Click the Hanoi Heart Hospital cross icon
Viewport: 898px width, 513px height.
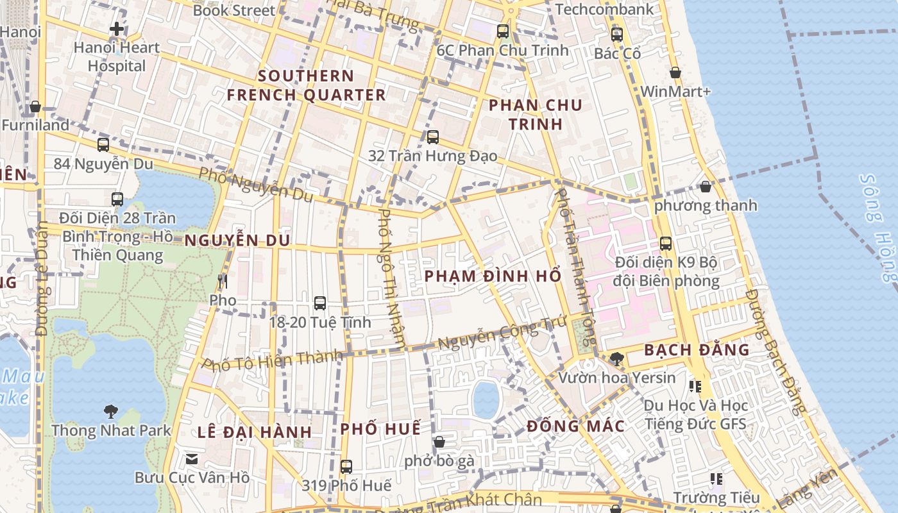116,29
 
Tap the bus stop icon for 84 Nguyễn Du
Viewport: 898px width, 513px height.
103,145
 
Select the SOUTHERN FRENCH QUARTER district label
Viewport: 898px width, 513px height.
306,85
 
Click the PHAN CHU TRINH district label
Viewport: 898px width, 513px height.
535,115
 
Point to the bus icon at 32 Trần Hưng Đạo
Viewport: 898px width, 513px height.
433,137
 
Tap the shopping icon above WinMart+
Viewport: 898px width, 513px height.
675,73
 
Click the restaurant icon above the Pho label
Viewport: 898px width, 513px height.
223,282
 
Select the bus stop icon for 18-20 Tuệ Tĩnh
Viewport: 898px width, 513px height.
320,303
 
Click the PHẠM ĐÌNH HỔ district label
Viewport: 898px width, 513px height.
493,276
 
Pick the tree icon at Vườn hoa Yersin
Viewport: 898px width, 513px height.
616,358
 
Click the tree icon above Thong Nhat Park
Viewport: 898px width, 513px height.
111,411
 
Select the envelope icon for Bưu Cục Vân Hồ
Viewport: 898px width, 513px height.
192,458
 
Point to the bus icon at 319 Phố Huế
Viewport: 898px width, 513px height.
346,466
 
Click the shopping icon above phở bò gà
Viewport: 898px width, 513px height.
439,442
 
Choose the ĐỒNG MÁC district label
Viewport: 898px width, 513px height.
575,426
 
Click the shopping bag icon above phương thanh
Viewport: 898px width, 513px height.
706,187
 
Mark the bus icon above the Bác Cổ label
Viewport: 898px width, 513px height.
617,35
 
